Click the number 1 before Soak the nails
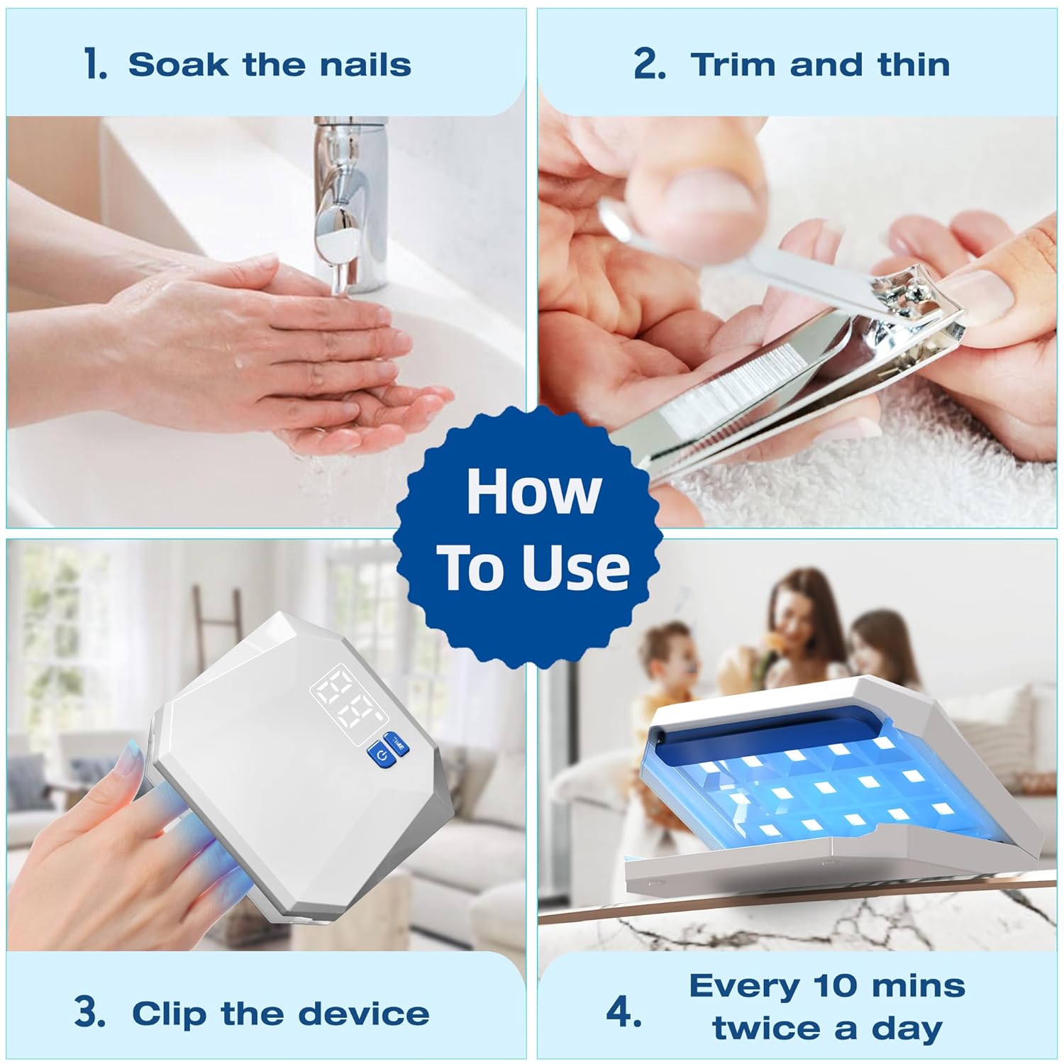(x=95, y=65)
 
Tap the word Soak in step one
(x=177, y=65)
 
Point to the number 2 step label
(x=649, y=65)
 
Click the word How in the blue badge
(x=533, y=492)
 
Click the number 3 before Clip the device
(x=89, y=1012)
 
